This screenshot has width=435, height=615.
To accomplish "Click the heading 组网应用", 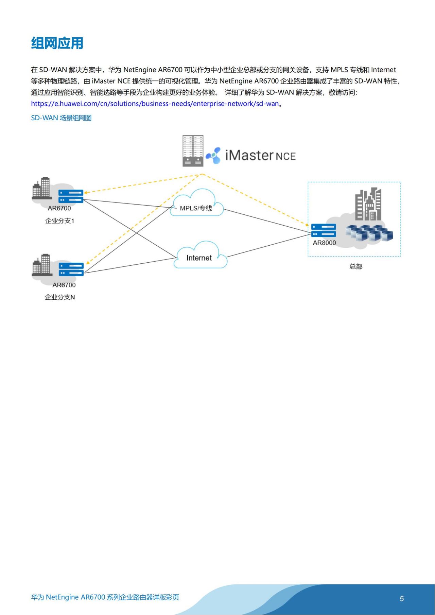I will pyautogui.click(x=57, y=43).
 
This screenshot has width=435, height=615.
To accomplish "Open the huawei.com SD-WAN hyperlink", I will pyautogui.click(x=155, y=104).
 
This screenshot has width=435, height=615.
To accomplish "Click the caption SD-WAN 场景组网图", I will pyautogui.click(x=61, y=118).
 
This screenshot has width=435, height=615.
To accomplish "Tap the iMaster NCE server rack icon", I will pyautogui.click(x=193, y=151).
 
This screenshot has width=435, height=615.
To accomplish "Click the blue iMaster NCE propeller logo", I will pyautogui.click(x=213, y=156).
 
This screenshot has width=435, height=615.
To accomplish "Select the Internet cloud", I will pyautogui.click(x=200, y=256).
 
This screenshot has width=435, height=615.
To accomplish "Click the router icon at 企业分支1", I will pyautogui.click(x=71, y=196).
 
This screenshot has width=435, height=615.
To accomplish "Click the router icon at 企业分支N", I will pyautogui.click(x=71, y=269).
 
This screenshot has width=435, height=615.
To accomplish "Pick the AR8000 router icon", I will pyautogui.click(x=323, y=230).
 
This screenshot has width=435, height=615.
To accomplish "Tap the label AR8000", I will pyautogui.click(x=324, y=243).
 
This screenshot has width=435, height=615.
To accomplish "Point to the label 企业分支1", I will pyautogui.click(x=59, y=221).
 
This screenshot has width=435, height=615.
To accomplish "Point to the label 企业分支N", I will pyautogui.click(x=60, y=297).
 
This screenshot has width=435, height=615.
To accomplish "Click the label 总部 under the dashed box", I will pyautogui.click(x=356, y=266).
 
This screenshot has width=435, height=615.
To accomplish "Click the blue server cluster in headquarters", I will pyautogui.click(x=369, y=233).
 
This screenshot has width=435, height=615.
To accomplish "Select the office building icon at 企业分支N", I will pyautogui.click(x=42, y=265).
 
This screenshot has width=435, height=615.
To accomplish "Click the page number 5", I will pyautogui.click(x=402, y=599).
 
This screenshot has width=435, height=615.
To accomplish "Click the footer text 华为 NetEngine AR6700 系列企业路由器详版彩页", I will pyautogui.click(x=105, y=597).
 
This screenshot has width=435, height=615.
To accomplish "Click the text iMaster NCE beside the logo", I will pyautogui.click(x=260, y=156).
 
